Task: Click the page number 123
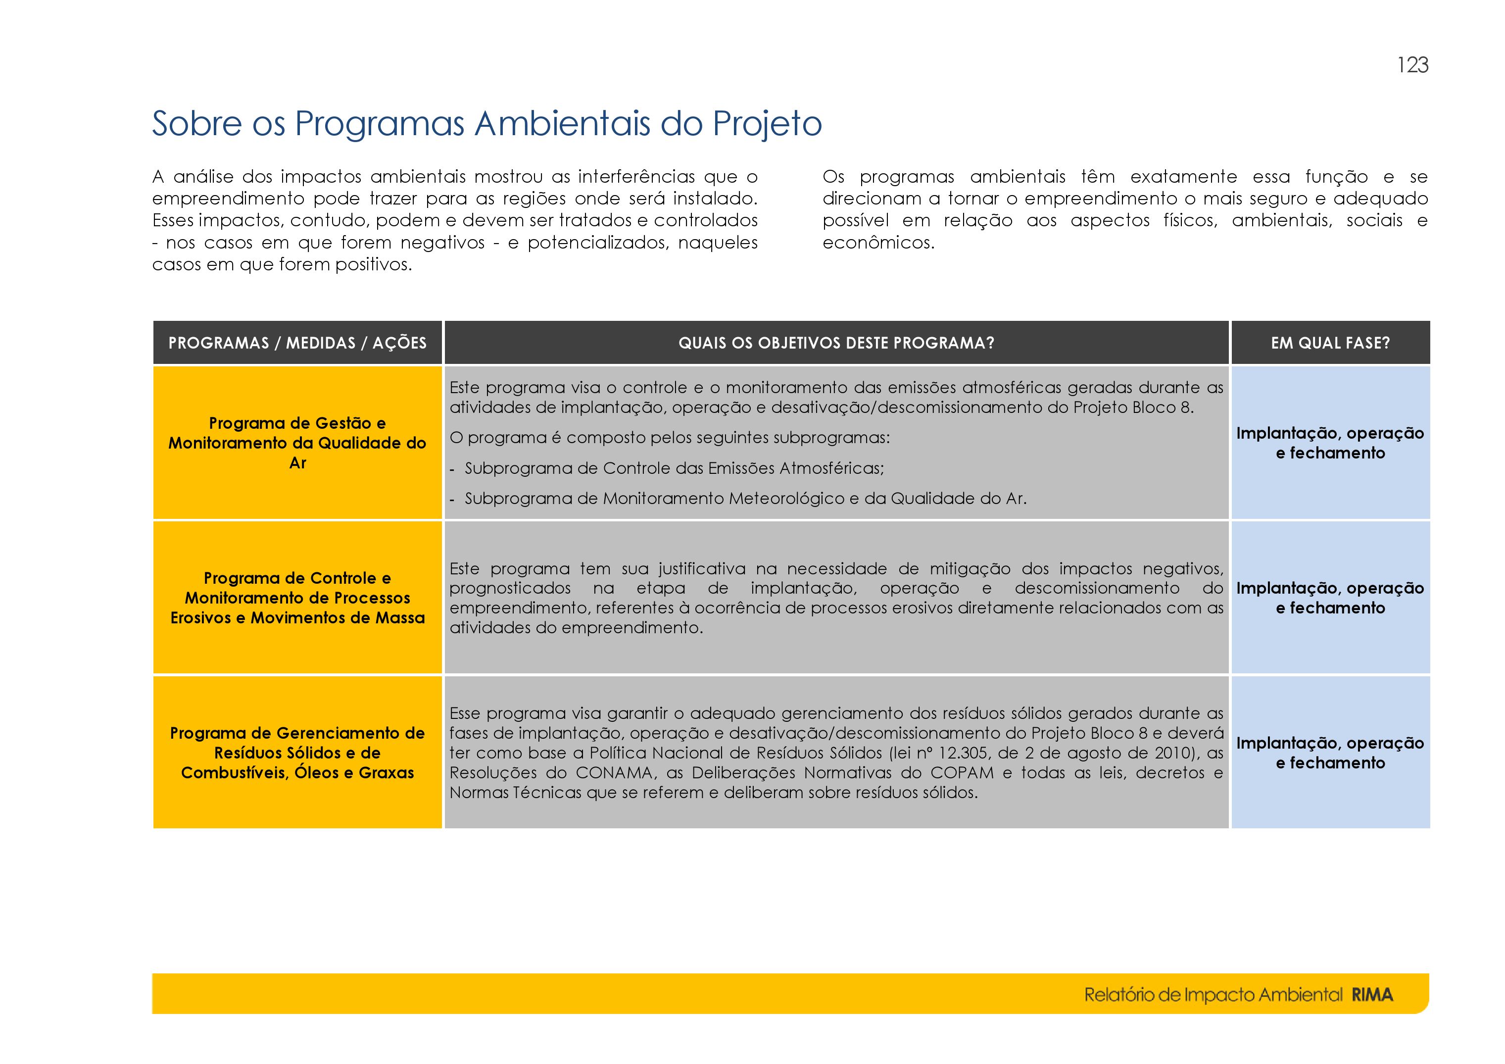click(x=1412, y=65)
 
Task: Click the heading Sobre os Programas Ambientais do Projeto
click(x=487, y=123)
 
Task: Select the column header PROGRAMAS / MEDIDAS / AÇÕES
click(x=297, y=343)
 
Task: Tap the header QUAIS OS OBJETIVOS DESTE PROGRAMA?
click(x=836, y=343)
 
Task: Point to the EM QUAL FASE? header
click(x=1331, y=343)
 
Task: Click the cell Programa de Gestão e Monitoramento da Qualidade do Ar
click(x=297, y=443)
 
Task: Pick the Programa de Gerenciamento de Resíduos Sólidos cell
click(x=297, y=753)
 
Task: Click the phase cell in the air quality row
click(x=1331, y=443)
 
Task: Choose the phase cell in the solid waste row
click(x=1331, y=753)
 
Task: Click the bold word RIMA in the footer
click(x=1372, y=995)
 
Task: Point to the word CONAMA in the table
click(x=614, y=773)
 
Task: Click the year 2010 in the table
click(x=1166, y=753)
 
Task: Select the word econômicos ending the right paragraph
click(x=878, y=243)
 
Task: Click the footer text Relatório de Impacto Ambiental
click(x=1214, y=995)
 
